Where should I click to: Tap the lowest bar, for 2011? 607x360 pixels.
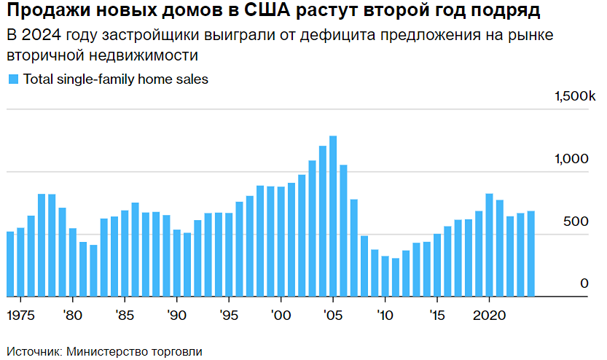[396, 277]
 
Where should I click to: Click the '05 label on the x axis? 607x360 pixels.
[332, 316]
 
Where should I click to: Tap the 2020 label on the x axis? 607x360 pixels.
[490, 316]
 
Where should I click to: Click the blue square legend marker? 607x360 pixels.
[12, 79]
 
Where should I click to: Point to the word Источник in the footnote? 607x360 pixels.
[32, 351]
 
